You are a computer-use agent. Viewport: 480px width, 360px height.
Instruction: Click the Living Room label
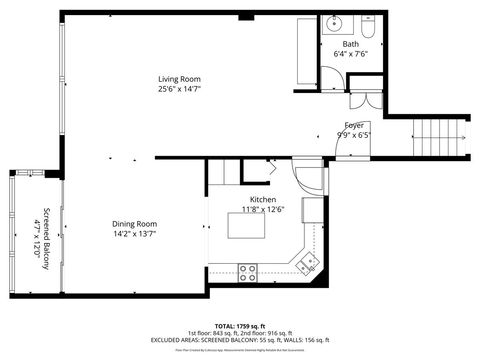[x=179, y=79]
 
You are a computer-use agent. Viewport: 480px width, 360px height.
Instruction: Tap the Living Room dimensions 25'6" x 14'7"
[x=179, y=89]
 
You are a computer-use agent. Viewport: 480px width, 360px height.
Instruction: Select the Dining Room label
[x=134, y=223]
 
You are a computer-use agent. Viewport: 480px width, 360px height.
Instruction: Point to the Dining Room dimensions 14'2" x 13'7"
[x=134, y=233]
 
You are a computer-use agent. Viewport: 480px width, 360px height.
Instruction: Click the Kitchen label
[x=263, y=200]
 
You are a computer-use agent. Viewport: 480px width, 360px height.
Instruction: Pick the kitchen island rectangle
[x=250, y=227]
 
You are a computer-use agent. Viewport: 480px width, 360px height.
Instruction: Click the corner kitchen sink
[x=309, y=262]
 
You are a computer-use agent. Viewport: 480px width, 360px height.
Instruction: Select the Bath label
[x=351, y=44]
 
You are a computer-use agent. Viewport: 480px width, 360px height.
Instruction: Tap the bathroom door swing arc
[x=330, y=74]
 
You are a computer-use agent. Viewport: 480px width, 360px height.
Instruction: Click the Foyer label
[x=354, y=126]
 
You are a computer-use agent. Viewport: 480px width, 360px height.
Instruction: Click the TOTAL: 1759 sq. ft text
[x=240, y=326]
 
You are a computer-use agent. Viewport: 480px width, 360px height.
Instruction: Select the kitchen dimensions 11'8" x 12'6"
[x=263, y=210]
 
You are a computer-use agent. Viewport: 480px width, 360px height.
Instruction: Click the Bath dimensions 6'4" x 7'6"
[x=351, y=54]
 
